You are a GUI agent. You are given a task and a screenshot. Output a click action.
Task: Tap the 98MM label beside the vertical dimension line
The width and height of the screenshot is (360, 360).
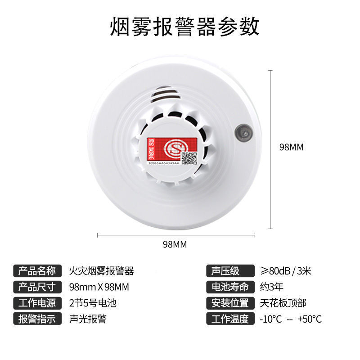[292, 147]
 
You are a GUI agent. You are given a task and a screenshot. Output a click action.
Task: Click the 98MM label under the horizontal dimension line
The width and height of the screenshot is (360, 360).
[175, 244]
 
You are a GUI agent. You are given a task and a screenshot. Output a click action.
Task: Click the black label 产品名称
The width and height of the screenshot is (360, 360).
[37, 271]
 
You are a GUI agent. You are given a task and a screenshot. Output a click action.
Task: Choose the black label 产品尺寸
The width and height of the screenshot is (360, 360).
[37, 287]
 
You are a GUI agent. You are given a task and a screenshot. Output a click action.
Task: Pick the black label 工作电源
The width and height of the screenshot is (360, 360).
[37, 303]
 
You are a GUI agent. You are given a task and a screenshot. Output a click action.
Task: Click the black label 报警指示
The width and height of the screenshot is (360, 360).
[37, 319]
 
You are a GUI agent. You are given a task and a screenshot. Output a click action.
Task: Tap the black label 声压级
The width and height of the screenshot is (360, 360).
[227, 271]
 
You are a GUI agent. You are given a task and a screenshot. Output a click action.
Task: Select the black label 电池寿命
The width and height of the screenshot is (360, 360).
[227, 287]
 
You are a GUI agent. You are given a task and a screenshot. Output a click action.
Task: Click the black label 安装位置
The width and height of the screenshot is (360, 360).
[227, 303]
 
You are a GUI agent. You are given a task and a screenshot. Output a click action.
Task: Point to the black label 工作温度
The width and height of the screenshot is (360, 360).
[227, 319]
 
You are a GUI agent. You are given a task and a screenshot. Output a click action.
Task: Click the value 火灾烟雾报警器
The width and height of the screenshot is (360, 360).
[101, 271]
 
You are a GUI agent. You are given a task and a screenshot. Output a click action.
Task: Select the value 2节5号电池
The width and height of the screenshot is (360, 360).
[93, 303]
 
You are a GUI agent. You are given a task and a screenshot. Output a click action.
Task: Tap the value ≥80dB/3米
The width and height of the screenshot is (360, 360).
[286, 271]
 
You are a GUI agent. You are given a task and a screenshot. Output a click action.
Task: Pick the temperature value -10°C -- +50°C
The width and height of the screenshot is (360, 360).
[291, 319]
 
